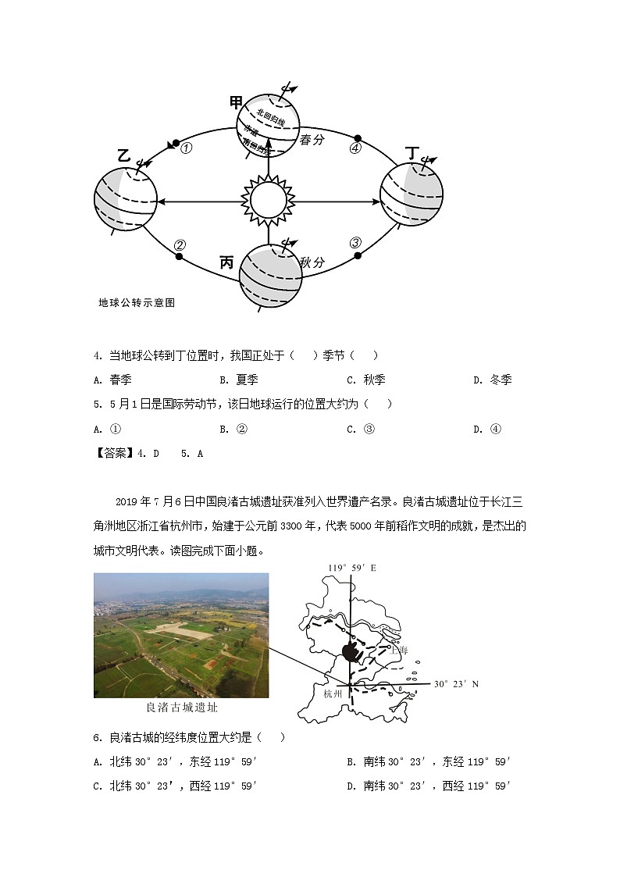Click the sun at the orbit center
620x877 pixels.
(x=268, y=201)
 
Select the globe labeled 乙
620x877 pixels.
(x=125, y=199)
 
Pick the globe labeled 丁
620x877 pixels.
(x=412, y=195)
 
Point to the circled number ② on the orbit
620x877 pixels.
(x=180, y=245)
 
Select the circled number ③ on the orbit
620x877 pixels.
(x=355, y=243)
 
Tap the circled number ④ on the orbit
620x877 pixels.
(x=355, y=148)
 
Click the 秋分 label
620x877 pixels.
(x=312, y=262)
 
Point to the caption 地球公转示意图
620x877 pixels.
(x=137, y=303)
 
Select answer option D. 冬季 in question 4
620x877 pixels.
(x=493, y=380)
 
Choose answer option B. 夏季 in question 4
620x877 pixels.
(x=239, y=380)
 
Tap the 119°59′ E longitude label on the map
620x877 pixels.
(x=351, y=568)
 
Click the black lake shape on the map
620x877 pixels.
(x=352, y=651)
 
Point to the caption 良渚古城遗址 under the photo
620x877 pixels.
(x=181, y=708)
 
